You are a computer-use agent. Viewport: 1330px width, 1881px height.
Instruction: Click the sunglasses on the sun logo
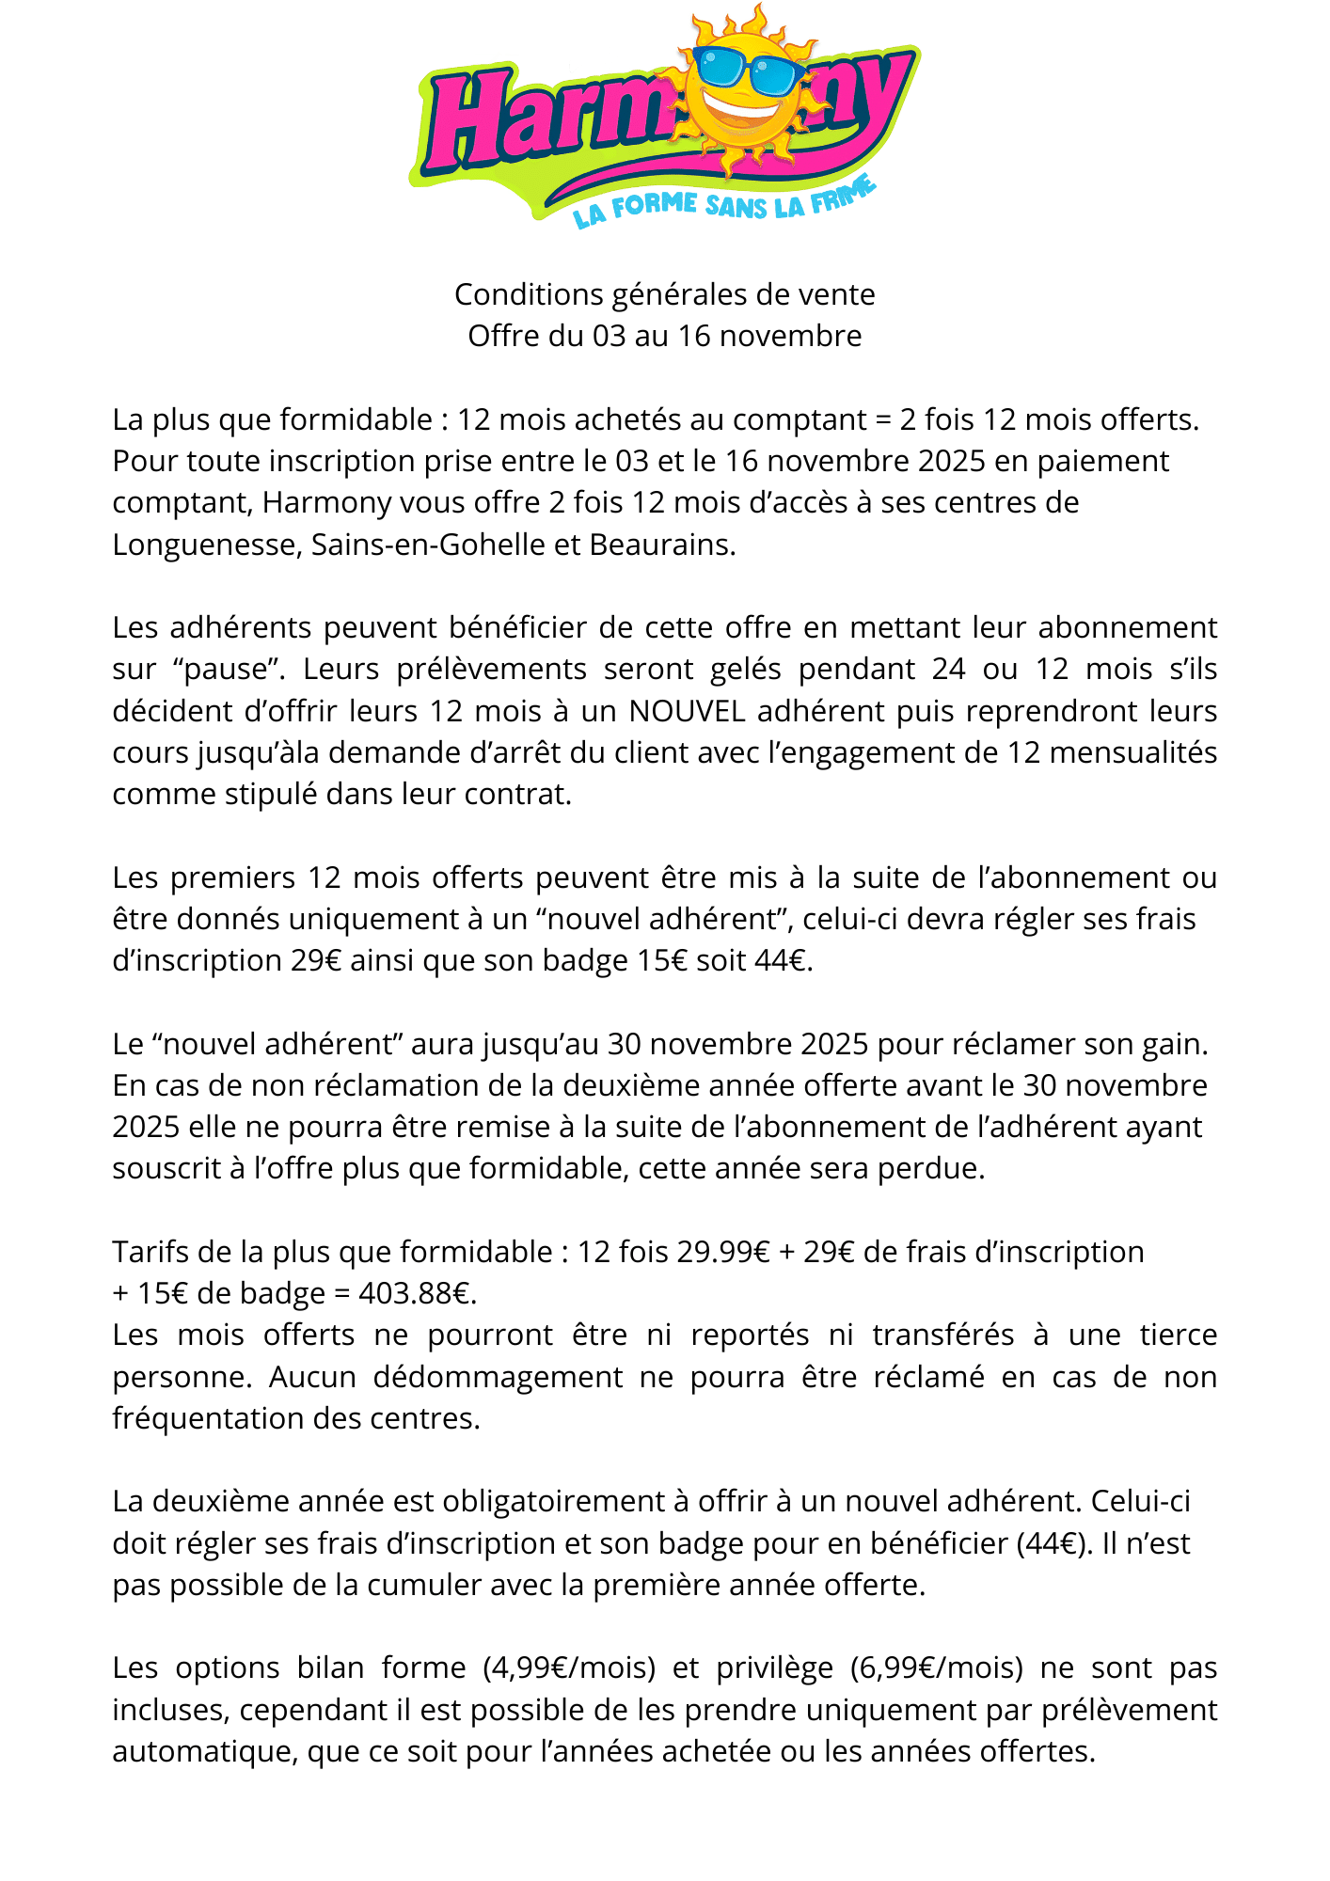pyautogui.click(x=748, y=68)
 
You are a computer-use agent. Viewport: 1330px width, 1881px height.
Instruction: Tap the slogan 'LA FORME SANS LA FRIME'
pyautogui.click(x=724, y=204)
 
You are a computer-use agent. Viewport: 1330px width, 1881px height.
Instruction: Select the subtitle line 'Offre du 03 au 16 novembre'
pyautogui.click(x=665, y=336)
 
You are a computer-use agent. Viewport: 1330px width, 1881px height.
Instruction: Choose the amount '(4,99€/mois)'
pyautogui.click(x=569, y=1668)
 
